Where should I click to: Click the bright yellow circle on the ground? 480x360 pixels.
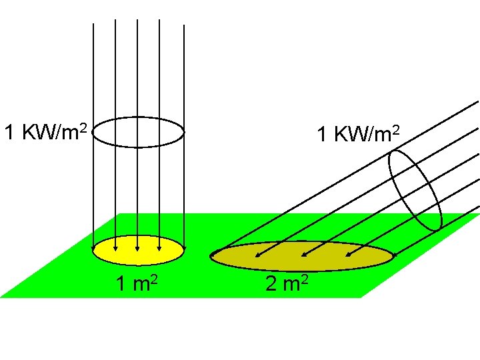[138, 251]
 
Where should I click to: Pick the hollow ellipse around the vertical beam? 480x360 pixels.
[138, 132]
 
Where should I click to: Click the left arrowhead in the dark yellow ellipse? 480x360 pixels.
[257, 254]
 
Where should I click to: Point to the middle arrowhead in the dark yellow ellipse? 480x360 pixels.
[301, 254]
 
